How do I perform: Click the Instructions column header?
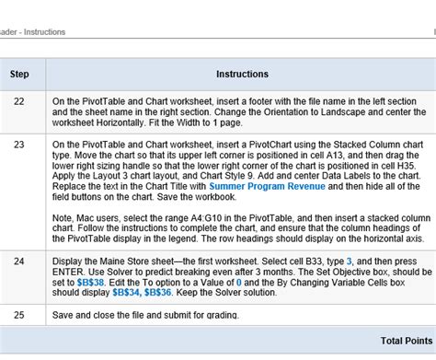pos(242,74)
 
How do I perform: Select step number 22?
pos(19,100)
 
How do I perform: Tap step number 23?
pos(19,145)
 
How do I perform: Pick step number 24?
pos(19,261)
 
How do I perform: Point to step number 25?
pos(19,316)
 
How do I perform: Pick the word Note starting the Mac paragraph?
pos(64,216)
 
